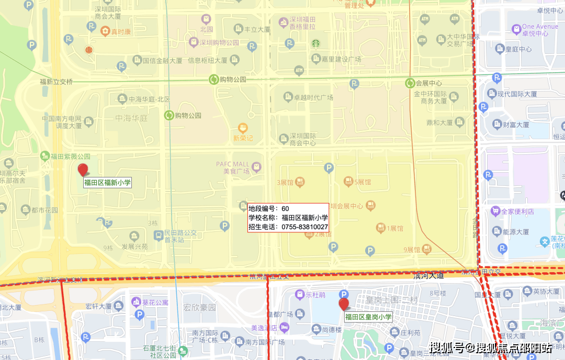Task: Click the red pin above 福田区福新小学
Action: click(x=83, y=170)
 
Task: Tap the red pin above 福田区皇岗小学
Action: click(x=344, y=304)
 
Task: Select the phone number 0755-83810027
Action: click(x=304, y=227)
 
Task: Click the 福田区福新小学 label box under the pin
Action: click(x=107, y=183)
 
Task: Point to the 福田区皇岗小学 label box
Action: click(x=368, y=317)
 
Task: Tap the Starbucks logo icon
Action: click(x=315, y=43)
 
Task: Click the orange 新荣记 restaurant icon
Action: click(x=242, y=128)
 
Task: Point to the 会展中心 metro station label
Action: click(x=428, y=83)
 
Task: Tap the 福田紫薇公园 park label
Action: click(x=70, y=156)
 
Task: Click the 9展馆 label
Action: click(x=412, y=250)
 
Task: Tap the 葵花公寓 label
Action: click(x=155, y=302)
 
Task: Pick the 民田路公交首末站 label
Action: click(x=180, y=236)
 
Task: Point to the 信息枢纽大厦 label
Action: click(x=207, y=60)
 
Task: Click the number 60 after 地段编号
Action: click(x=285, y=209)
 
